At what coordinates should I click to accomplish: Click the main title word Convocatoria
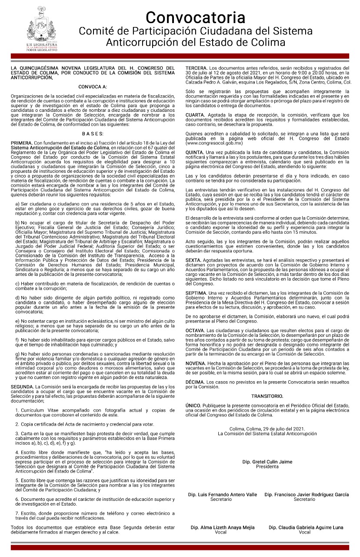195,17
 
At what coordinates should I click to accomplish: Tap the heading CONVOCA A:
92,87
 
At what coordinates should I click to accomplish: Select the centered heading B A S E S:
92,134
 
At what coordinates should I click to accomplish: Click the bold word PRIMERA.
21,143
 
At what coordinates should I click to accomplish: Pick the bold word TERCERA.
197,68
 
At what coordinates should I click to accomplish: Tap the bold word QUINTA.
195,151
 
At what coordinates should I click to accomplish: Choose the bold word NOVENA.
196,363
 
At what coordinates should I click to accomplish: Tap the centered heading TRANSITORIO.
267,396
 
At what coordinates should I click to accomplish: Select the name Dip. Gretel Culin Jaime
267,462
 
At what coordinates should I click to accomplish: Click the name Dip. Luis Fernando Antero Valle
221,495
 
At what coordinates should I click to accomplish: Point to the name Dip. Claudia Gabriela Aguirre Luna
306,527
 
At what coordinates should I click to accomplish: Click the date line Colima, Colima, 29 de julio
267,429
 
